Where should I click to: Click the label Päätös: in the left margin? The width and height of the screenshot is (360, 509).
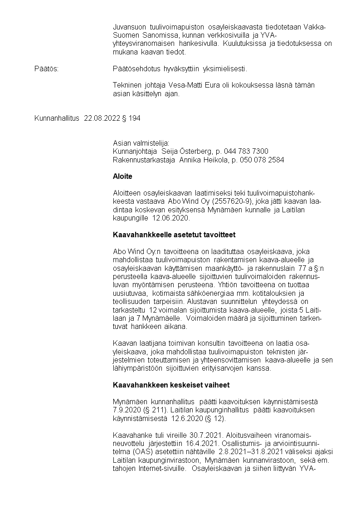(x=47, y=69)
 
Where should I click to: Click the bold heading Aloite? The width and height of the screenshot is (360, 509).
(x=122, y=176)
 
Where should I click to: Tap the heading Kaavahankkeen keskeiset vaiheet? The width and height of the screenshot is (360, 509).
(x=171, y=385)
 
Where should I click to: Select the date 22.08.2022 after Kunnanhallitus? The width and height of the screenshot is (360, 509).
(x=102, y=118)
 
